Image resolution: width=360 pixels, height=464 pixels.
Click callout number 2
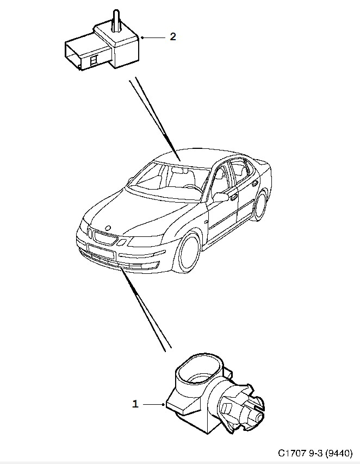pos(173,37)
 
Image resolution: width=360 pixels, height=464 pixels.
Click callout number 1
pos(135,404)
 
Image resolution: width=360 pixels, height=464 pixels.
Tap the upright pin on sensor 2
pos(115,20)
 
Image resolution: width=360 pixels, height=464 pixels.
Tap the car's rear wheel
pos(260,204)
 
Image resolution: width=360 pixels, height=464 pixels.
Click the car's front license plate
pos(101,250)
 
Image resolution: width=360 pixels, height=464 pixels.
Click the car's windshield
pos(169,180)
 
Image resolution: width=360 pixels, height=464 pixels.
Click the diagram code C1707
pos(292,453)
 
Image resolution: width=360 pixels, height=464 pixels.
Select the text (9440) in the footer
pos(339,453)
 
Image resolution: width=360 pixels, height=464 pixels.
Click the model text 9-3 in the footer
pos(315,453)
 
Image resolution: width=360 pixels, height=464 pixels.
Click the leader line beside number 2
pos(153,37)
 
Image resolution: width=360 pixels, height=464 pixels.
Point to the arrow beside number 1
pos(153,404)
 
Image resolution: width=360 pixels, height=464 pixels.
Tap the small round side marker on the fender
pos(206,222)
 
